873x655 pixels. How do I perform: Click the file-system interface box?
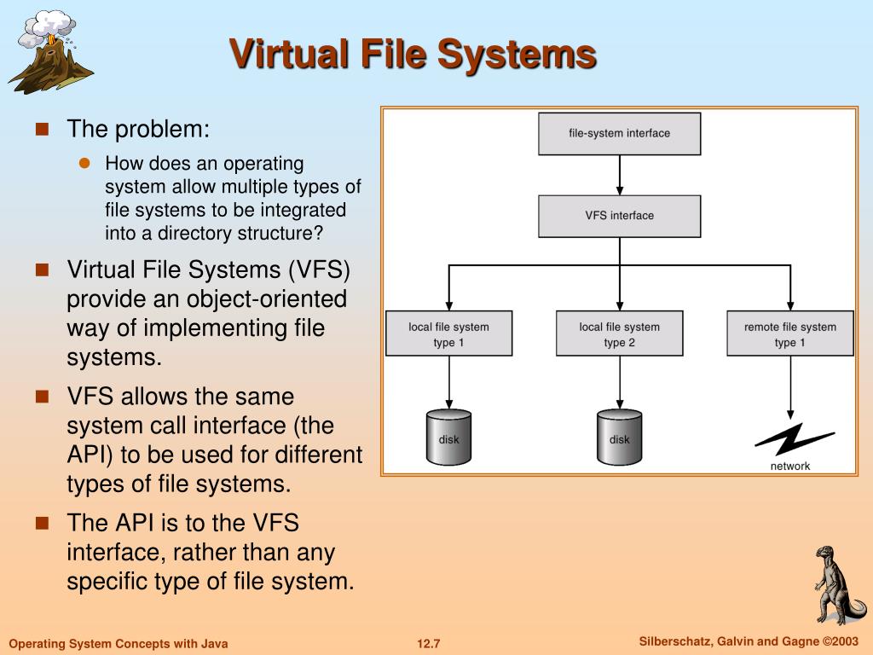click(619, 134)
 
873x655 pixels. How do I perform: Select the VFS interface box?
click(619, 216)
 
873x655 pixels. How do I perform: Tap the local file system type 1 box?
click(448, 333)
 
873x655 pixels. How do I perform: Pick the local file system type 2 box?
click(619, 333)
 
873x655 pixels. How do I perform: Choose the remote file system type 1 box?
click(790, 333)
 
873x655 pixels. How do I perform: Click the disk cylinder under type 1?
click(448, 438)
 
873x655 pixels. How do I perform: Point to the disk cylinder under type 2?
click(619, 438)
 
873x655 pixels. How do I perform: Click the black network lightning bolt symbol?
click(795, 439)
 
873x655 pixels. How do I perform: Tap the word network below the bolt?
click(790, 467)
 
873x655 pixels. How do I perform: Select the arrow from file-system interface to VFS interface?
click(619, 175)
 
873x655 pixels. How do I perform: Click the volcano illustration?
click(50, 52)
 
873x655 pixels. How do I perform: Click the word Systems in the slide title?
click(517, 55)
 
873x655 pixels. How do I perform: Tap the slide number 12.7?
click(429, 644)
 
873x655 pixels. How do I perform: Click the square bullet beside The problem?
click(43, 130)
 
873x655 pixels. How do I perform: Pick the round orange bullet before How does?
click(84, 163)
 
